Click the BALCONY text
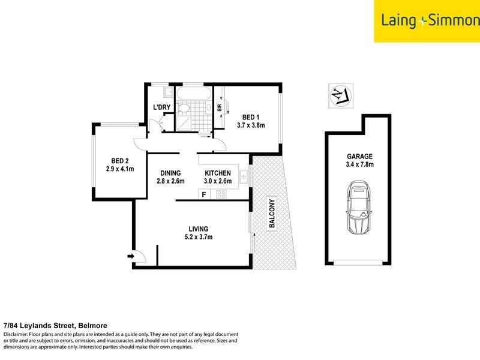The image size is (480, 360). point(271,213)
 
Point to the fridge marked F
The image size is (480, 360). point(204,194)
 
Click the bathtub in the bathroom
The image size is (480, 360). point(191,94)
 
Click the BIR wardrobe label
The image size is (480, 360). point(220,108)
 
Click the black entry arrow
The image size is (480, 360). point(131,257)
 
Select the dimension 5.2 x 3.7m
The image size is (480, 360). point(198,238)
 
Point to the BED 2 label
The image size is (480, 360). point(120,160)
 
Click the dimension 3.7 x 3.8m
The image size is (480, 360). point(251,125)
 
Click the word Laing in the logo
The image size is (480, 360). point(399,20)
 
